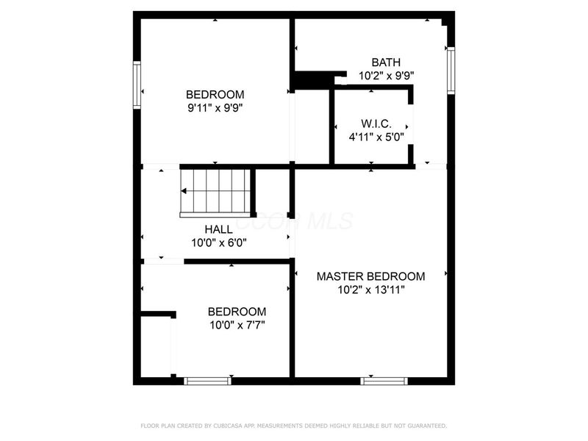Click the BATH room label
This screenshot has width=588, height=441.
(x=386, y=62)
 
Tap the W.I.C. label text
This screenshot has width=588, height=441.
(x=376, y=123)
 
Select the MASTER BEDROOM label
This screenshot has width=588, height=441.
(x=370, y=276)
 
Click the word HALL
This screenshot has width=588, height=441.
(x=219, y=229)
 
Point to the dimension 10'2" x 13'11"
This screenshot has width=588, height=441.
(x=370, y=290)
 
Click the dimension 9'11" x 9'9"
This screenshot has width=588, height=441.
(x=215, y=107)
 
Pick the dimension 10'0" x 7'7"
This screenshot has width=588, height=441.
(x=237, y=324)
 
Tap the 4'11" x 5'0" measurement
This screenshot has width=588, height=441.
(x=376, y=136)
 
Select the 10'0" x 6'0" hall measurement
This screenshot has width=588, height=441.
(x=219, y=243)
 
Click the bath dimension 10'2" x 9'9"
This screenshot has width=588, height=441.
(x=386, y=76)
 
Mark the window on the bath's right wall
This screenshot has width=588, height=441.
(x=451, y=70)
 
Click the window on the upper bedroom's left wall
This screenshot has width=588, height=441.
(x=137, y=85)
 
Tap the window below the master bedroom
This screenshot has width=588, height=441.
(x=384, y=381)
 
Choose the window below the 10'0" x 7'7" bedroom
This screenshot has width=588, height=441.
(x=207, y=381)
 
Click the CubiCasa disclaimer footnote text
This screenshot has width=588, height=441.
(x=294, y=426)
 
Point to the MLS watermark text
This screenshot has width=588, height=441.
(x=316, y=220)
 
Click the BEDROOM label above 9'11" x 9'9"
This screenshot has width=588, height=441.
(x=215, y=94)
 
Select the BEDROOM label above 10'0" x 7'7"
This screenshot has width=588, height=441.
(x=237, y=311)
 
